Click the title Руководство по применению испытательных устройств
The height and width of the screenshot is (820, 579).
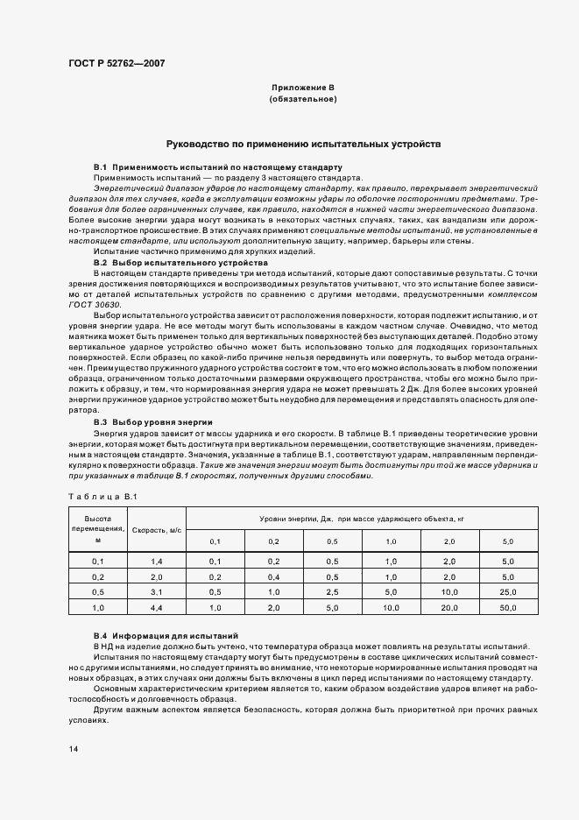pyautogui.click(x=303, y=143)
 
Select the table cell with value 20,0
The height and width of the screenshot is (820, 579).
pyautogui.click(x=449, y=607)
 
